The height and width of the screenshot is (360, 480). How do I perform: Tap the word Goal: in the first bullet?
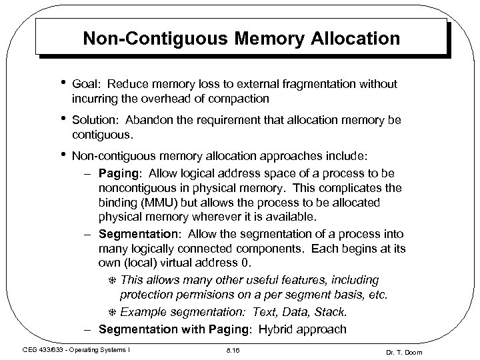[86, 83]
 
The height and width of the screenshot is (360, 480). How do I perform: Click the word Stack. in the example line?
[329, 312]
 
